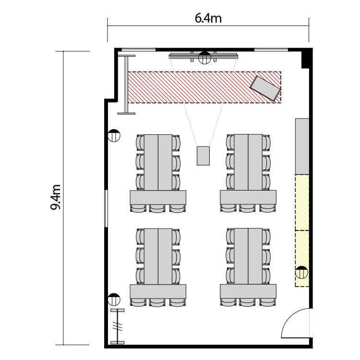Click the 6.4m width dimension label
click(x=208, y=18)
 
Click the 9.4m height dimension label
click(x=55, y=197)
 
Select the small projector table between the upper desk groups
click(x=203, y=156)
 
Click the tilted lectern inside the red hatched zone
click(x=265, y=88)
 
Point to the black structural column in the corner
click(x=307, y=58)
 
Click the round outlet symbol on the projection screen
click(x=204, y=58)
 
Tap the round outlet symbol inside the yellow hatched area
click(x=301, y=273)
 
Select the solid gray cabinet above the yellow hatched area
click(x=302, y=146)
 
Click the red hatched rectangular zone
click(x=204, y=87)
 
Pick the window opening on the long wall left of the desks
click(x=106, y=208)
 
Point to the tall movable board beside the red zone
click(x=126, y=84)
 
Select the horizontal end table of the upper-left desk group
click(x=158, y=197)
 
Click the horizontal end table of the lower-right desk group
click(x=248, y=291)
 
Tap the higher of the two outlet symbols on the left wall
click(x=114, y=135)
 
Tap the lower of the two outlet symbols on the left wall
click(x=114, y=300)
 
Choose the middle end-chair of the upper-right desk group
click(x=247, y=208)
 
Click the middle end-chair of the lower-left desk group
click(x=157, y=302)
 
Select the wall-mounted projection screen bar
click(x=204, y=56)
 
